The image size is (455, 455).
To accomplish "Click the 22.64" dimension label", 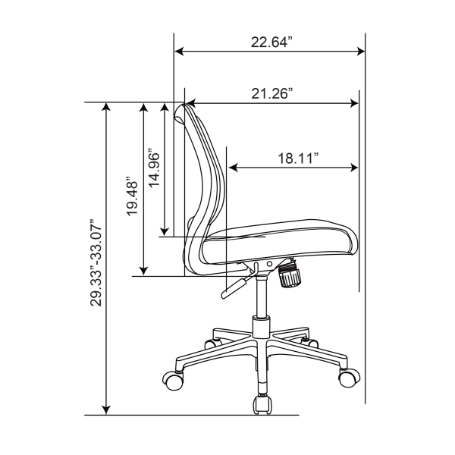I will tap(271, 42).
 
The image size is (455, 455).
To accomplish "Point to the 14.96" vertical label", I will tap(155, 168).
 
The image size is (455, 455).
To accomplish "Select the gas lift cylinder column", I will tap(262, 300).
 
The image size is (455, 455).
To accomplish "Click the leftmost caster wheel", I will tap(174, 379).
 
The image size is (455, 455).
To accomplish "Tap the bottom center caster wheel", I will tap(262, 405).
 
